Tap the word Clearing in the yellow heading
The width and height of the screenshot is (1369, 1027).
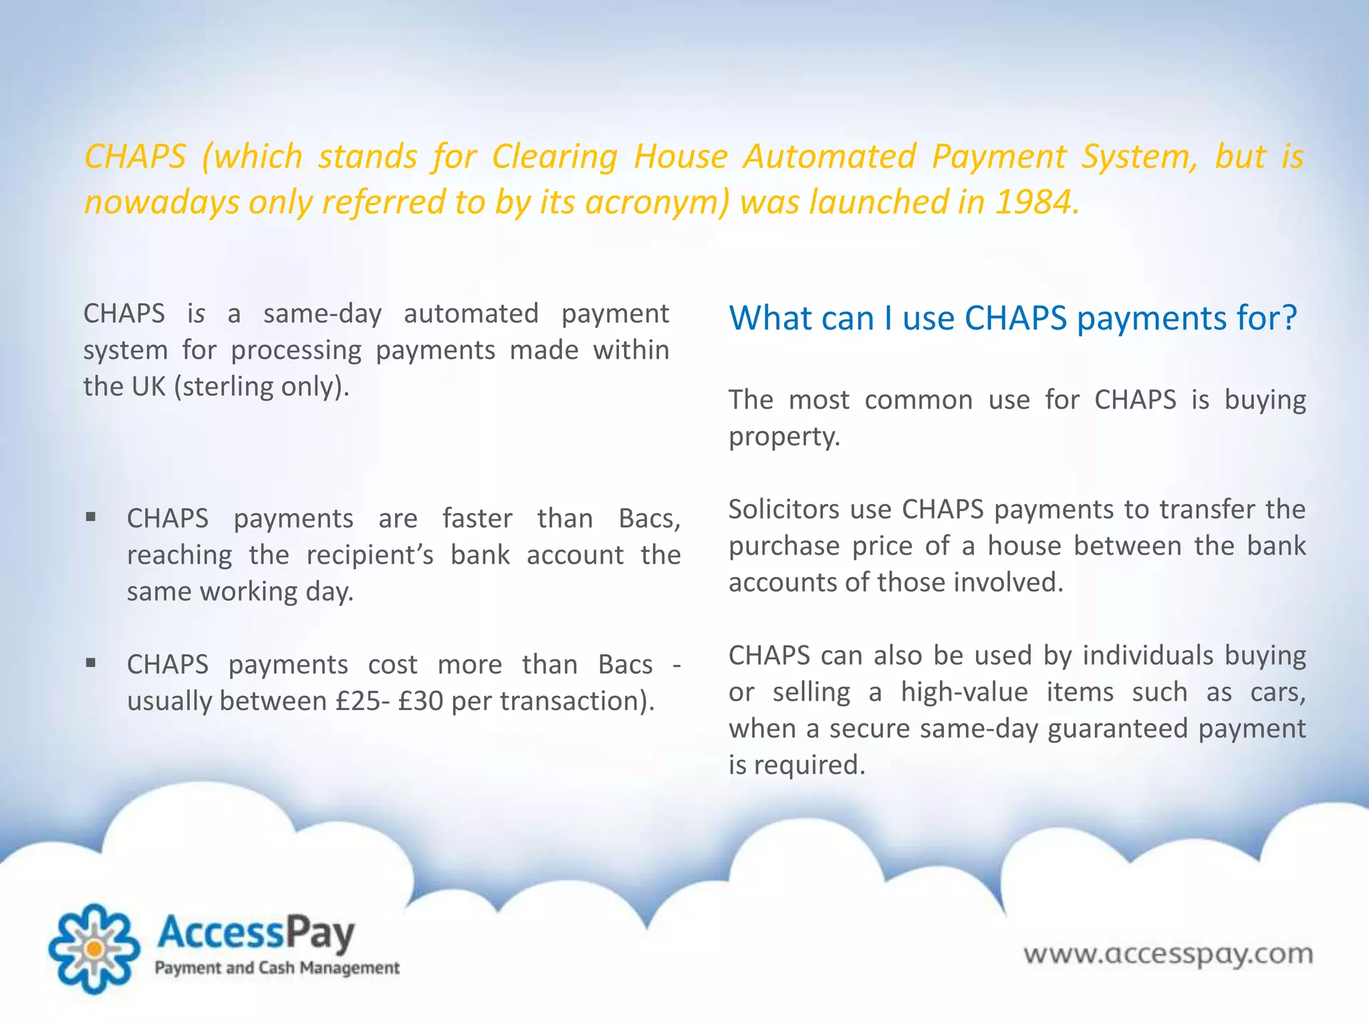pyautogui.click(x=554, y=157)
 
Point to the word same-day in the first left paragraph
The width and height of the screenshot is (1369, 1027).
pyautogui.click(x=322, y=314)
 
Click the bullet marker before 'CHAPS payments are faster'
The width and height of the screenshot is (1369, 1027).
pyautogui.click(x=91, y=517)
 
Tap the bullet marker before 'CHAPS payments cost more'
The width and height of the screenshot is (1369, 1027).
pyautogui.click(x=91, y=663)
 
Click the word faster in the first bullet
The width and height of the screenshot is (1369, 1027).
pyautogui.click(x=477, y=519)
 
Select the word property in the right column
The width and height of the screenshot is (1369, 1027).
pyautogui.click(x=783, y=437)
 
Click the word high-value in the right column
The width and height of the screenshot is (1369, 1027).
pyautogui.click(x=964, y=692)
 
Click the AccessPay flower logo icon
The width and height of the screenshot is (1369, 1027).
pyautogui.click(x=95, y=948)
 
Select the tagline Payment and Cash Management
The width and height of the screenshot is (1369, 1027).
pyautogui.click(x=277, y=968)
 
